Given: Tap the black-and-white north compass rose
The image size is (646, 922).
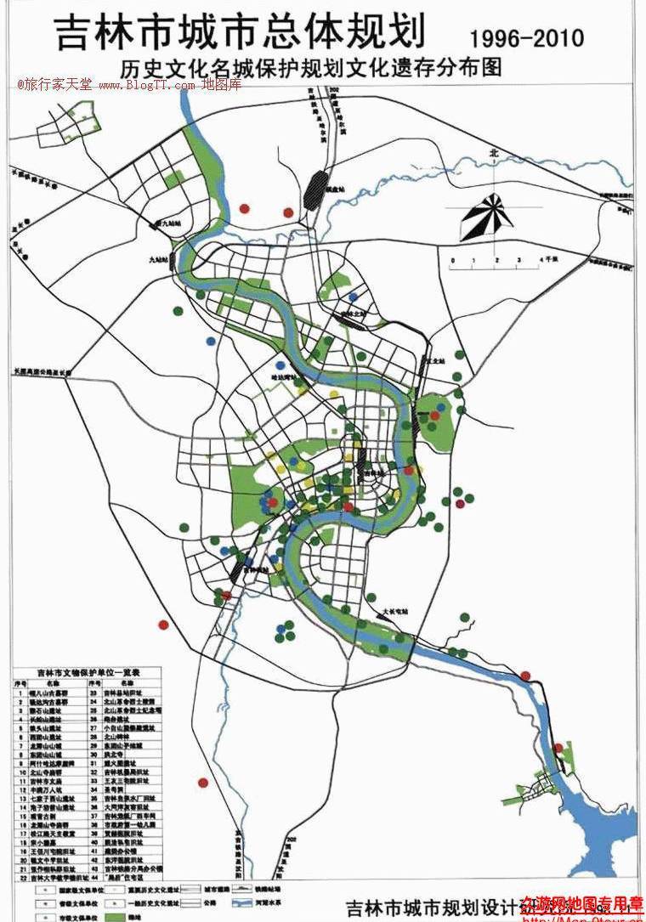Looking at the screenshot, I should pyautogui.click(x=488, y=217).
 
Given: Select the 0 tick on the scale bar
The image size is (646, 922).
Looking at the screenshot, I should pyautogui.click(x=453, y=260).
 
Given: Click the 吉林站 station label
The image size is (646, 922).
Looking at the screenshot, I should pyautogui.click(x=371, y=472).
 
